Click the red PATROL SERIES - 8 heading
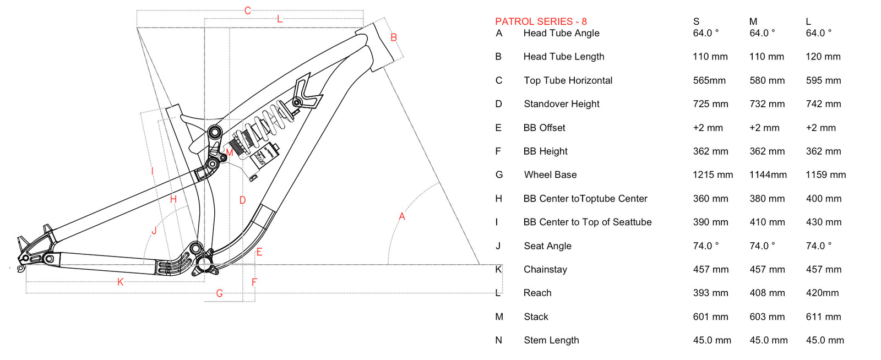tap(541, 21)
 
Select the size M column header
tap(753, 21)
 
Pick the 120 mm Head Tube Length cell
tap(823, 57)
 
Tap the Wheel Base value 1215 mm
tap(713, 175)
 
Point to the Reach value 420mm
tap(822, 293)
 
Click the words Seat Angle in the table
tap(547, 246)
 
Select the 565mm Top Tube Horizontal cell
tap(709, 80)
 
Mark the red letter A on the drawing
tap(402, 217)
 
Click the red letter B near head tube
tap(394, 37)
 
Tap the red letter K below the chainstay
tap(120, 282)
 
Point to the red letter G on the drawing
tap(219, 293)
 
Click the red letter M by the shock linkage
tap(230, 152)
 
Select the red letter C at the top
tap(248, 10)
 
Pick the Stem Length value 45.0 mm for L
tap(824, 341)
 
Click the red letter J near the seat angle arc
tap(154, 231)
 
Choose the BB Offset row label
tap(544, 128)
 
